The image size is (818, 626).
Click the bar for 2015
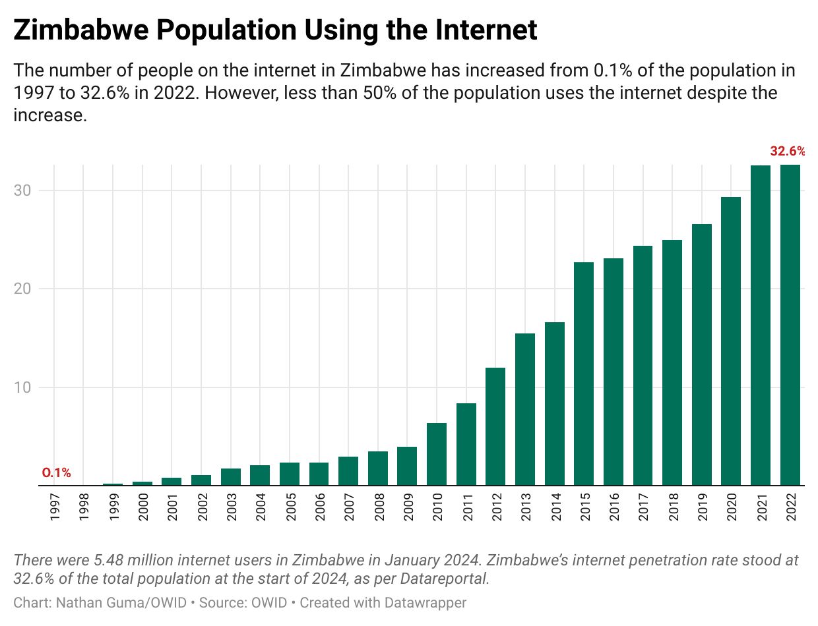[584, 374]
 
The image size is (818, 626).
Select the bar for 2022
[790, 325]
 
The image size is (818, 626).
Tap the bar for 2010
[437, 454]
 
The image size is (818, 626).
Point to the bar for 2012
[495, 426]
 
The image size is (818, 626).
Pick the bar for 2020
[731, 341]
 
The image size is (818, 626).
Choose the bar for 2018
[672, 362]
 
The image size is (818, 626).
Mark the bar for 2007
[348, 470]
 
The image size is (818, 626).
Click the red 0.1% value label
[56, 472]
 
